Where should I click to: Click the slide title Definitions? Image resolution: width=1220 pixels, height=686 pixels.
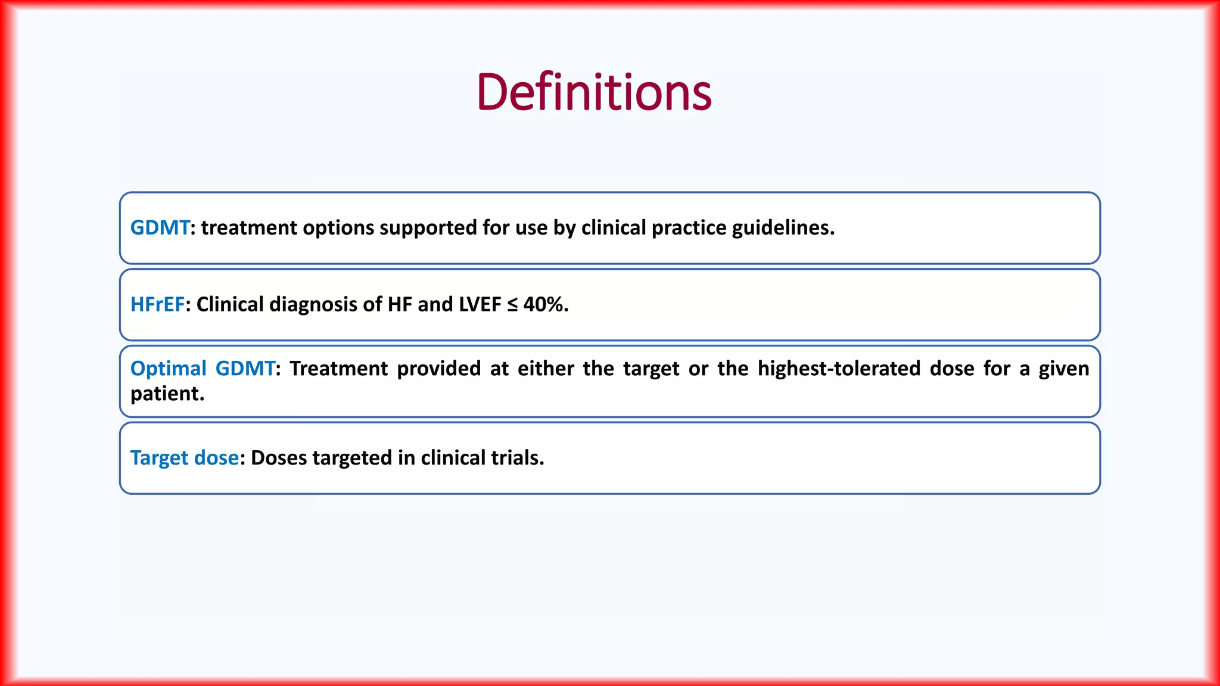tap(594, 92)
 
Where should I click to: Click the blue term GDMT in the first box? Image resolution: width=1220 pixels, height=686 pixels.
tap(160, 227)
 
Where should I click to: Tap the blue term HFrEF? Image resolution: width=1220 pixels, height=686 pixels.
tap(157, 304)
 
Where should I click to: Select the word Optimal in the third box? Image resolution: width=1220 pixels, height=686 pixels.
tap(168, 369)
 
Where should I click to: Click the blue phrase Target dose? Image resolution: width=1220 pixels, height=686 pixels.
tap(184, 458)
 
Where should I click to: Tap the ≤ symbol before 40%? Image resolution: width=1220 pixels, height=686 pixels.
tap(512, 305)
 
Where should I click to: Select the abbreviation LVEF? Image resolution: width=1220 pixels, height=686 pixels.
tap(480, 304)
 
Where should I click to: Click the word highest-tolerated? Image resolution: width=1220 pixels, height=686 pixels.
tap(839, 369)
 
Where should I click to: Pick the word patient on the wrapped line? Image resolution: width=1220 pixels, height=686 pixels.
tap(166, 394)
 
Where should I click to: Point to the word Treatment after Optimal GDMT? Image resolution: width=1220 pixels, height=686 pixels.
tap(338, 369)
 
